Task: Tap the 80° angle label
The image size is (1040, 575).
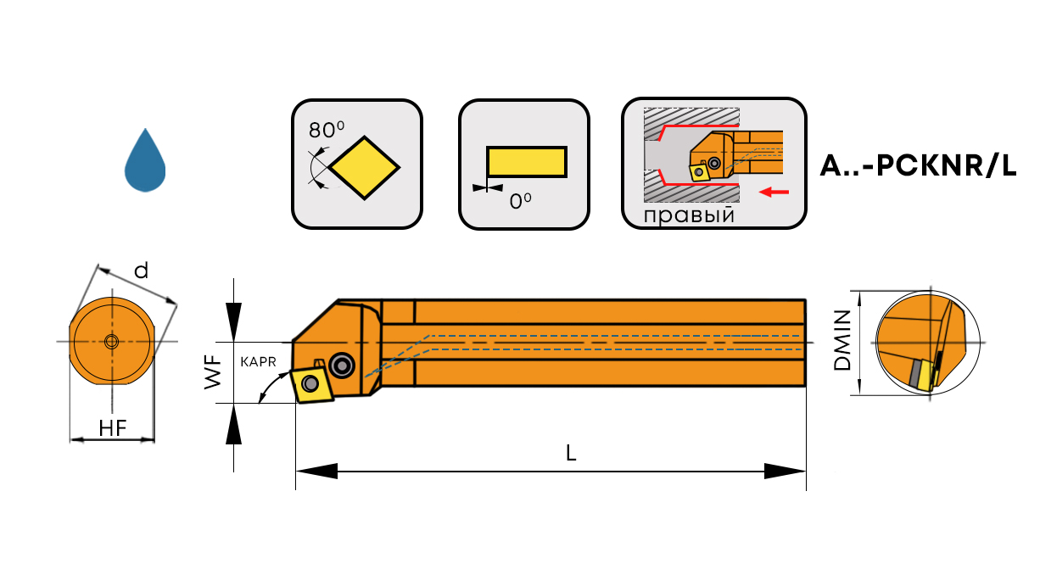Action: pos(327,130)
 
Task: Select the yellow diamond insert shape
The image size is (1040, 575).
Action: pos(365,167)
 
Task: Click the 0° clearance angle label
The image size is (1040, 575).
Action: pos(520,202)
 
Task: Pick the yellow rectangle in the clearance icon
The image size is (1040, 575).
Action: pos(526,162)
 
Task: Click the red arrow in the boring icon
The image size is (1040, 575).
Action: pos(774,193)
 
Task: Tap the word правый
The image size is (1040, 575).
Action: pos(688,215)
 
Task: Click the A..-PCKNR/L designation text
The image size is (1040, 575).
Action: pos(918,166)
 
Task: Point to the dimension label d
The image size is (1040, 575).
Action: pos(141,271)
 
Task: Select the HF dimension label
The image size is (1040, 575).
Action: pos(112,428)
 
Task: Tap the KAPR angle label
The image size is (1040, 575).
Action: pos(259,361)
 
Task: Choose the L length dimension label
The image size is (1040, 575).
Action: pos(571,454)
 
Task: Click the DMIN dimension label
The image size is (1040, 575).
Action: pos(842,341)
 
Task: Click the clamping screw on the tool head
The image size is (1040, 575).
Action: pos(343,365)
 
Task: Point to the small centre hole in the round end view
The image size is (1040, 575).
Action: pos(111,342)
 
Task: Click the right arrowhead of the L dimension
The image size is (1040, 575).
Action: pos(785,471)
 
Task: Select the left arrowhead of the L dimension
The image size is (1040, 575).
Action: pos(316,471)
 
